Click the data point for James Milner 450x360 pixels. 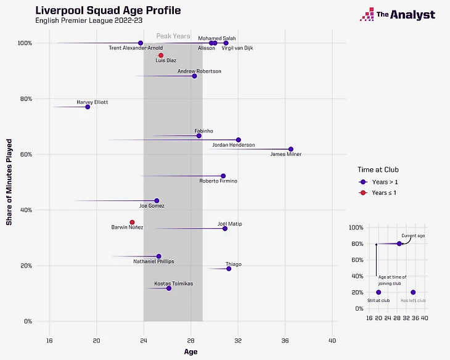click(x=291, y=149)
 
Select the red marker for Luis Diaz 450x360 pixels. click(x=161, y=55)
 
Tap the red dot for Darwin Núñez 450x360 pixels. click(x=132, y=223)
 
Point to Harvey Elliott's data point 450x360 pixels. click(x=88, y=107)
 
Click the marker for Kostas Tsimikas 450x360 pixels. click(x=169, y=288)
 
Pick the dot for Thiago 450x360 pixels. click(x=229, y=269)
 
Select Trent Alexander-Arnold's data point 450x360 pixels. click(x=141, y=43)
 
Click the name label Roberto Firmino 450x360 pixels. click(x=218, y=181)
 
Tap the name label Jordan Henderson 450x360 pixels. click(x=233, y=145)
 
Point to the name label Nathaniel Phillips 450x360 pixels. click(x=153, y=261)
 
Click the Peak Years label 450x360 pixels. click(x=173, y=36)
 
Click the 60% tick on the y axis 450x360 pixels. click(x=26, y=154)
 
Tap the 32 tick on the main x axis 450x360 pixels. click(x=238, y=340)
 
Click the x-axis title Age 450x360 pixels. click(x=191, y=352)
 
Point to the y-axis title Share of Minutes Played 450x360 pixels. click(x=10, y=182)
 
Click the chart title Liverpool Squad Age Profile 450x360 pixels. click(x=104, y=11)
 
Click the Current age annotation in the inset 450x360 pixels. click(x=413, y=236)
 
